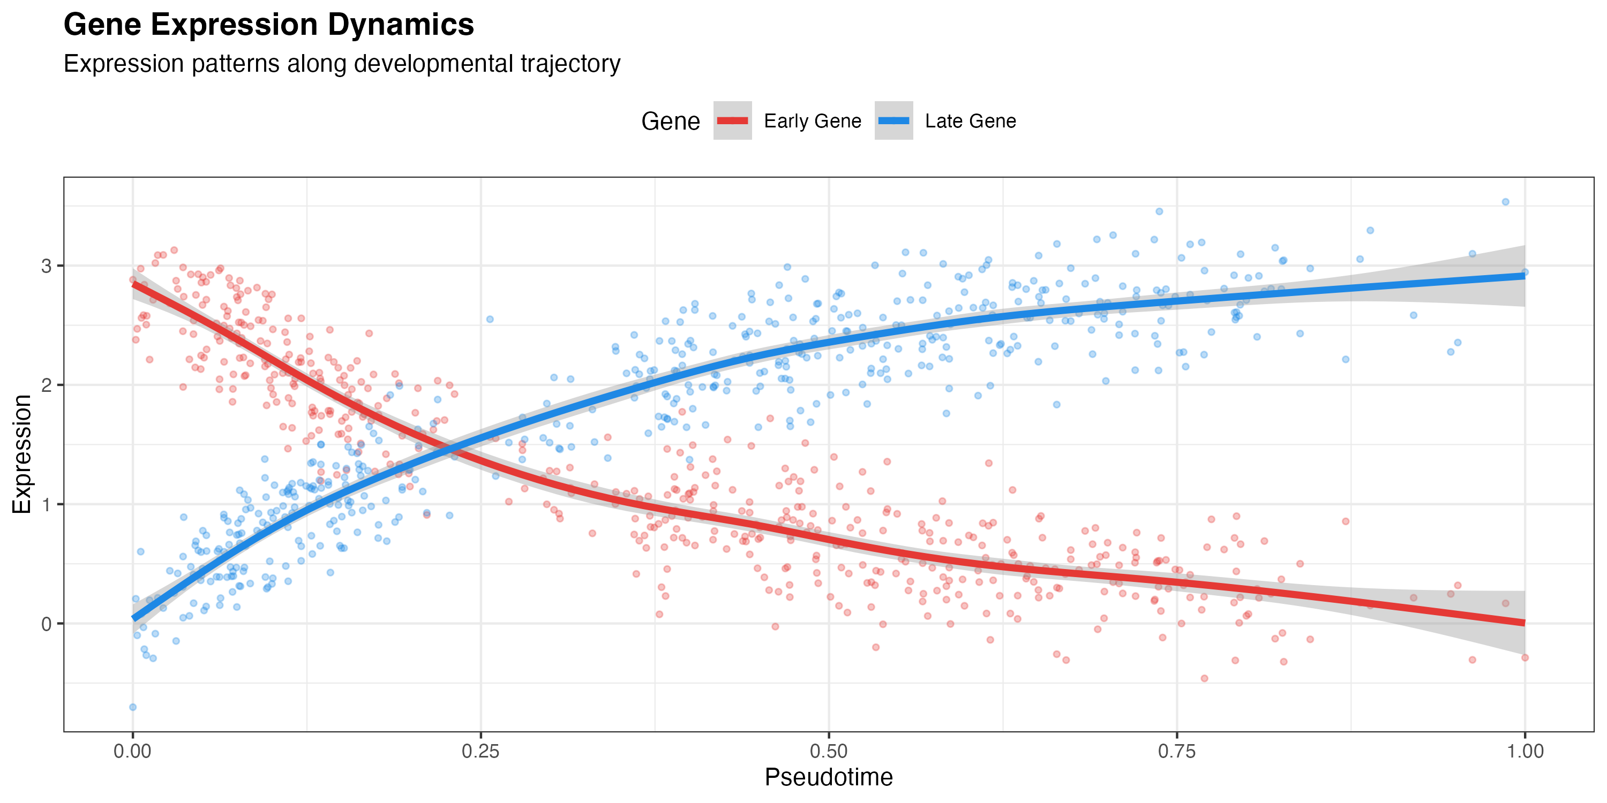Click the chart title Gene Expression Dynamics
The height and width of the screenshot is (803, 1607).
click(x=269, y=25)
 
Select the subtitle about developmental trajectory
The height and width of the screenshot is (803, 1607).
click(x=342, y=64)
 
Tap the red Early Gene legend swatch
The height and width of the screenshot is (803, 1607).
click(x=732, y=120)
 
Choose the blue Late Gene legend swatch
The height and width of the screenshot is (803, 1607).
click(x=893, y=120)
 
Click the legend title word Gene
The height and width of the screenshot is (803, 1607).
click(x=671, y=121)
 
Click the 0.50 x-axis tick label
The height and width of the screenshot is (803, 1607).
click(x=829, y=751)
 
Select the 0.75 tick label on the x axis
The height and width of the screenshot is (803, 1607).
click(x=1176, y=751)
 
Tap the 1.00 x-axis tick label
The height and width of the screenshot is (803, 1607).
click(x=1525, y=751)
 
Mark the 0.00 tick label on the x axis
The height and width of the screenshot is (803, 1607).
click(x=132, y=751)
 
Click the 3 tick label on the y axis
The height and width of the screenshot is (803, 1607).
click(x=47, y=266)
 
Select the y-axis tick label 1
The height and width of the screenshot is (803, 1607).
click(x=47, y=504)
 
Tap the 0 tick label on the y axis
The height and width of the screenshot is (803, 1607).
click(x=47, y=624)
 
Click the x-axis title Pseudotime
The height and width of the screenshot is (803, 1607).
click(x=829, y=777)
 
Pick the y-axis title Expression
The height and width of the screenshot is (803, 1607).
click(x=22, y=454)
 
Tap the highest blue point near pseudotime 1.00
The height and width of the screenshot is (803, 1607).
click(x=1505, y=202)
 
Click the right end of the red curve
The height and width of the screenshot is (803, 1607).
click(x=1525, y=623)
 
